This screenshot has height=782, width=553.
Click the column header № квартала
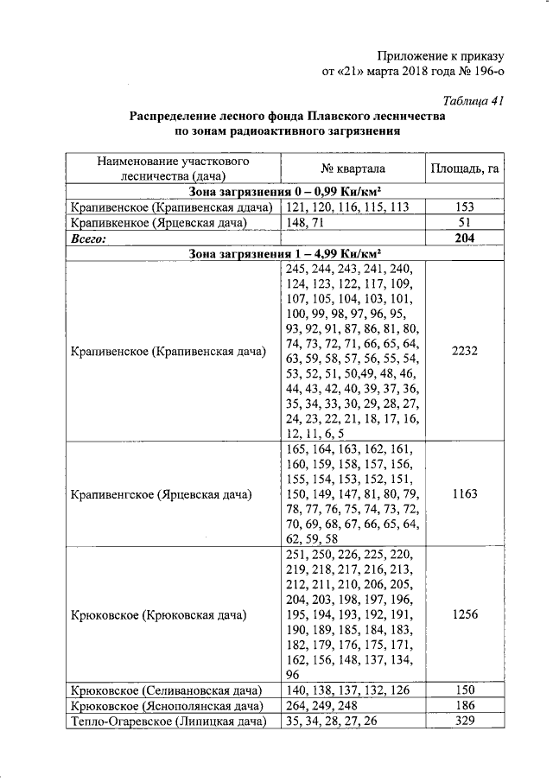353,168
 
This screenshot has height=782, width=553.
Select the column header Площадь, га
465,168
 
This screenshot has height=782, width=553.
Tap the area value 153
465,207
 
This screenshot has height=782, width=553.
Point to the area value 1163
465,495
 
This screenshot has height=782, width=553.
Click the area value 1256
465,615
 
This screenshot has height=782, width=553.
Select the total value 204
465,238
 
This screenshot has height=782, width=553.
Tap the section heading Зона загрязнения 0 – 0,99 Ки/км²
285,192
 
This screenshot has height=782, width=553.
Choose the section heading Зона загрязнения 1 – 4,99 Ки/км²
285,254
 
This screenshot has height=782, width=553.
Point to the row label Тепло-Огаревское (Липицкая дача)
166,722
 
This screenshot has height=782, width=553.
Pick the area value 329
465,722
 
